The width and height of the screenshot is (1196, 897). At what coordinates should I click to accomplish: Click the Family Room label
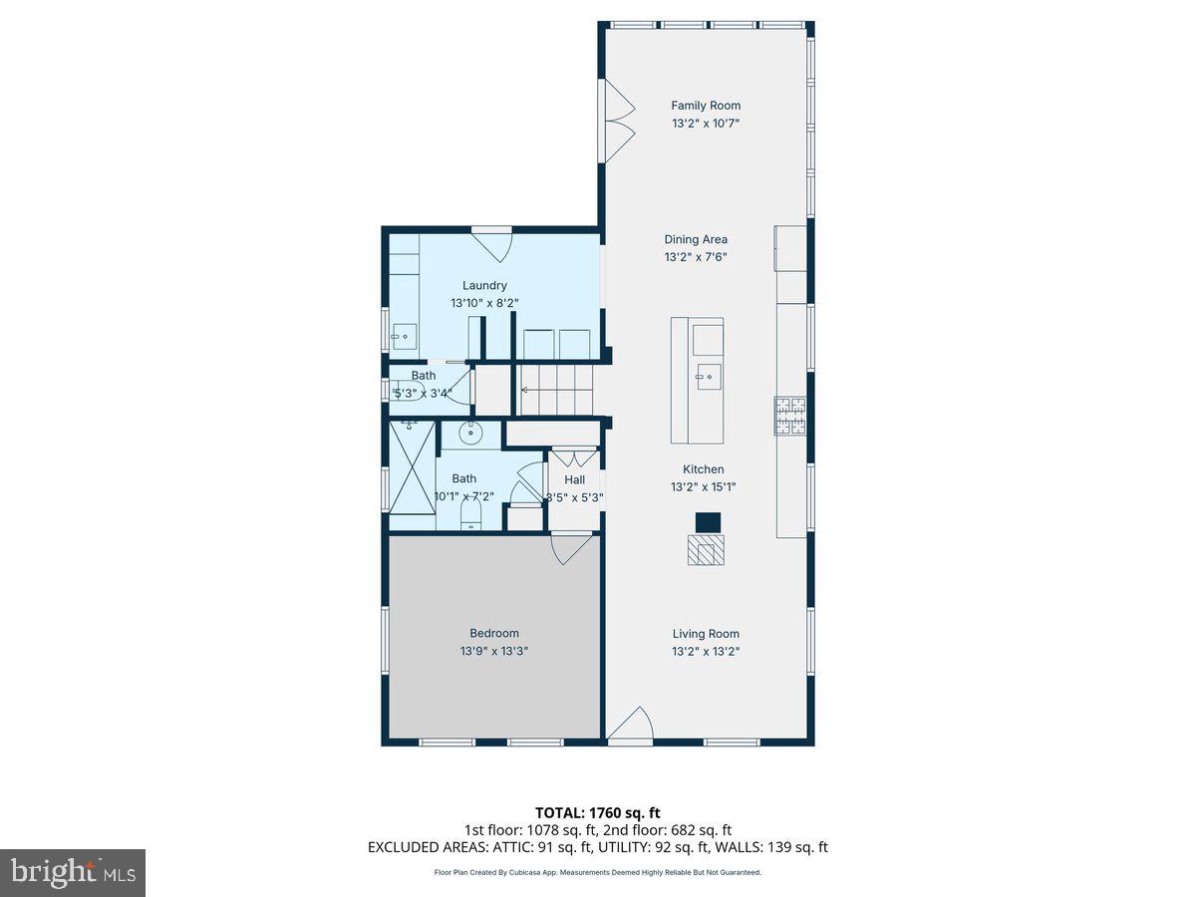(705, 106)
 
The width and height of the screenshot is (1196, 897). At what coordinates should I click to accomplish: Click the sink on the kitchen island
(709, 377)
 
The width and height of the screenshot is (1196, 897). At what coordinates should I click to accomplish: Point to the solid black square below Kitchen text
(707, 522)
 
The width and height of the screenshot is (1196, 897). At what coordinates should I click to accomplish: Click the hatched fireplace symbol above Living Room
(706, 550)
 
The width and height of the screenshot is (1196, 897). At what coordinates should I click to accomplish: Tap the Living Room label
(705, 634)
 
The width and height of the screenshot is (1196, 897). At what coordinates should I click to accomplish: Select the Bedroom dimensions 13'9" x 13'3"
(493, 651)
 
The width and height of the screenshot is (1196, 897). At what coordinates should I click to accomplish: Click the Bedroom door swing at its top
(570, 549)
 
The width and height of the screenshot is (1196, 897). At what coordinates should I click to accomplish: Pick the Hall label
(574, 479)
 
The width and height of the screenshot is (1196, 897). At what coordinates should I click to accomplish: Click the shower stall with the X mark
(413, 465)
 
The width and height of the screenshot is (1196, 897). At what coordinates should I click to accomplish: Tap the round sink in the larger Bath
(471, 433)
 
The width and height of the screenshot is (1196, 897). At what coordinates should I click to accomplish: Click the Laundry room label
(484, 285)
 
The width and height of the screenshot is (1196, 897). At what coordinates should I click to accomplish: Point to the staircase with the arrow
(554, 390)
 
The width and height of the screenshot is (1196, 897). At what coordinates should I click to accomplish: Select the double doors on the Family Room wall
(616, 122)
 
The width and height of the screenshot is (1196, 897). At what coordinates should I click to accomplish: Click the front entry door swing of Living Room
(632, 726)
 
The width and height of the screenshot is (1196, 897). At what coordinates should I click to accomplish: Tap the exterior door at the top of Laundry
(491, 242)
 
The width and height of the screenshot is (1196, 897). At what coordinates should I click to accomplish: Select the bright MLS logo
(72, 872)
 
